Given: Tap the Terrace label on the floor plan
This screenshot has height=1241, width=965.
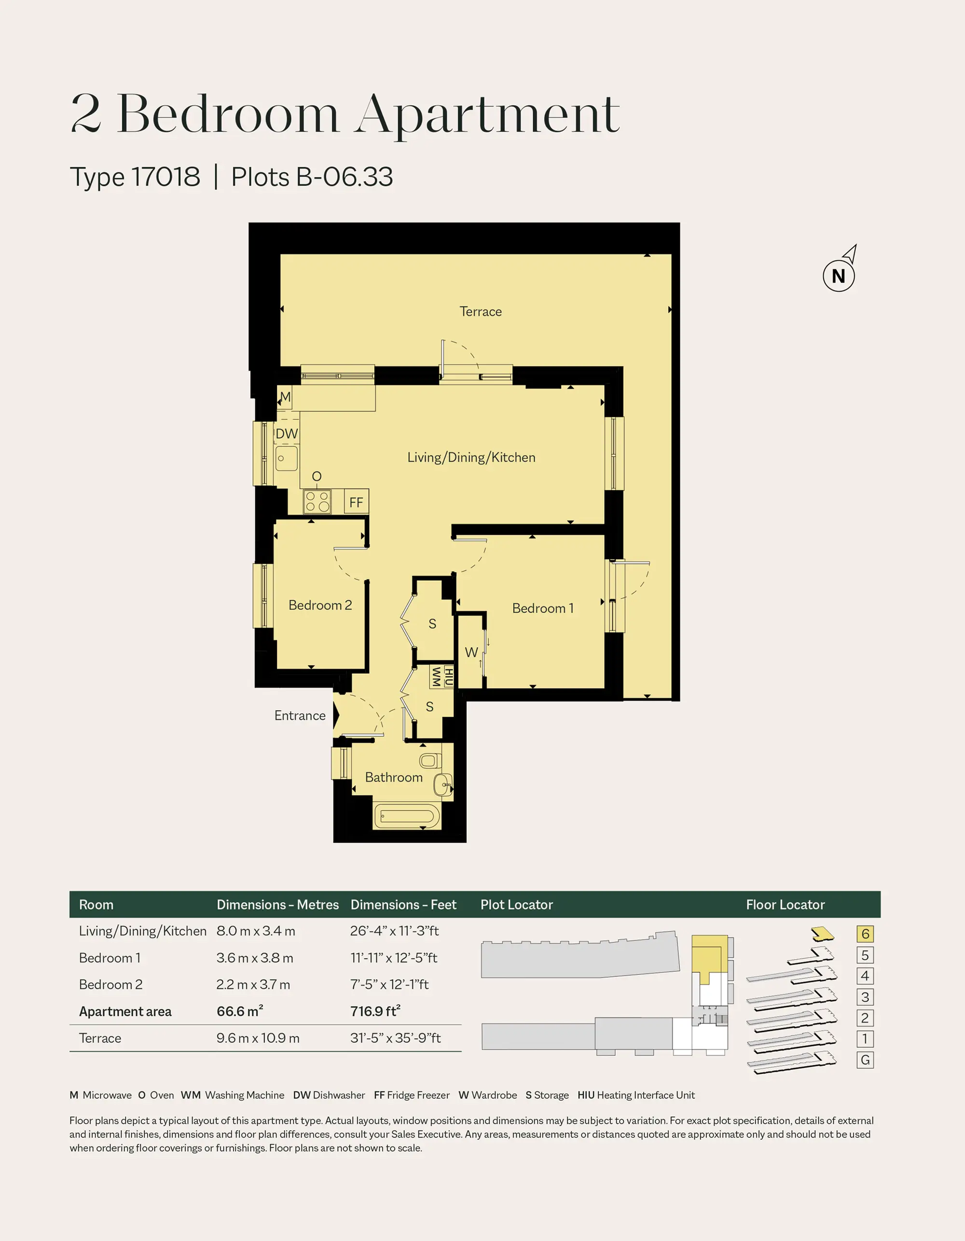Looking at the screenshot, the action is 481,311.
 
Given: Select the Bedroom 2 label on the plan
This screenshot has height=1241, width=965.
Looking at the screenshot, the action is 320,605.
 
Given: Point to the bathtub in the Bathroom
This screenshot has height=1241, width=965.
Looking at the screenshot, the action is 407,816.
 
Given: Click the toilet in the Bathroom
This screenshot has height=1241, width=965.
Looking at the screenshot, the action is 430,760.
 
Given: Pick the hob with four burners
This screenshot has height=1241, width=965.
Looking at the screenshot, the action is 317,501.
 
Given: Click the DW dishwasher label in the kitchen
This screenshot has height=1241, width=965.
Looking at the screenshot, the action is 287,434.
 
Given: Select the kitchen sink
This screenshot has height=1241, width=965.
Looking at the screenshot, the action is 287,458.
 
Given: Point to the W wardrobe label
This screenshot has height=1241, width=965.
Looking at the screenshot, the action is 471,652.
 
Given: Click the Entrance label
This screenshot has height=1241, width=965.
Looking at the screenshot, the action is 300,716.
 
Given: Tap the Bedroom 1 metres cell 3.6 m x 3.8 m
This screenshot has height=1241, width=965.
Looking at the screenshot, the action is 255,958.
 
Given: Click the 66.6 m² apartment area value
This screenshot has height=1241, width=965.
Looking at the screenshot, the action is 240,1011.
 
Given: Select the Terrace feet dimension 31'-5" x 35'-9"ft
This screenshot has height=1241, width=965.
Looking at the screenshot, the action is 396,1038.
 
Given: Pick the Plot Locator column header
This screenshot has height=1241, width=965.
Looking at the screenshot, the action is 517,905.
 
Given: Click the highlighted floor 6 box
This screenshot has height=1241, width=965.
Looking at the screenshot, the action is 865,934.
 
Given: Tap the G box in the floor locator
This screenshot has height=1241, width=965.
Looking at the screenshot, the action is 865,1060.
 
